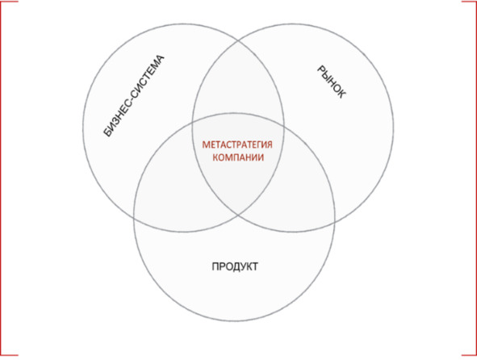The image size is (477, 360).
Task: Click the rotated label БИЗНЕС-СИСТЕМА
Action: (134, 96)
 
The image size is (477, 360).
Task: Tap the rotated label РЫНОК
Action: (331, 82)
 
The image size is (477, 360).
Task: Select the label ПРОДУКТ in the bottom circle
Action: (235, 266)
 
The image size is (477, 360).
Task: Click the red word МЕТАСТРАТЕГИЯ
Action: (237, 144)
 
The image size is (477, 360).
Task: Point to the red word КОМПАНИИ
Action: (238, 157)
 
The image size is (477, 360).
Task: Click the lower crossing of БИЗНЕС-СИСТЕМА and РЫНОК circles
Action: (238, 215)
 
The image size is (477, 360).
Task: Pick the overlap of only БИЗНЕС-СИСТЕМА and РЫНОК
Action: (238, 82)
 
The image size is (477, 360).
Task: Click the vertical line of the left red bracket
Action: (1, 178)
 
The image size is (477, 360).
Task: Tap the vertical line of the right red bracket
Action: (475, 178)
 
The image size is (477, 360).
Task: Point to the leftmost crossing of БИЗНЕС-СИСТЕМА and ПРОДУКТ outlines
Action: (134, 219)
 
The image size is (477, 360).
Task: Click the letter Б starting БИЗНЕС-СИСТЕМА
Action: (107, 132)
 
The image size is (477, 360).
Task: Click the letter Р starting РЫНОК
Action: (321, 69)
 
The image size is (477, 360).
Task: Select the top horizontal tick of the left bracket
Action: (10, 2)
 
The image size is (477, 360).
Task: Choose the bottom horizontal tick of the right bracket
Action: (469, 354)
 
